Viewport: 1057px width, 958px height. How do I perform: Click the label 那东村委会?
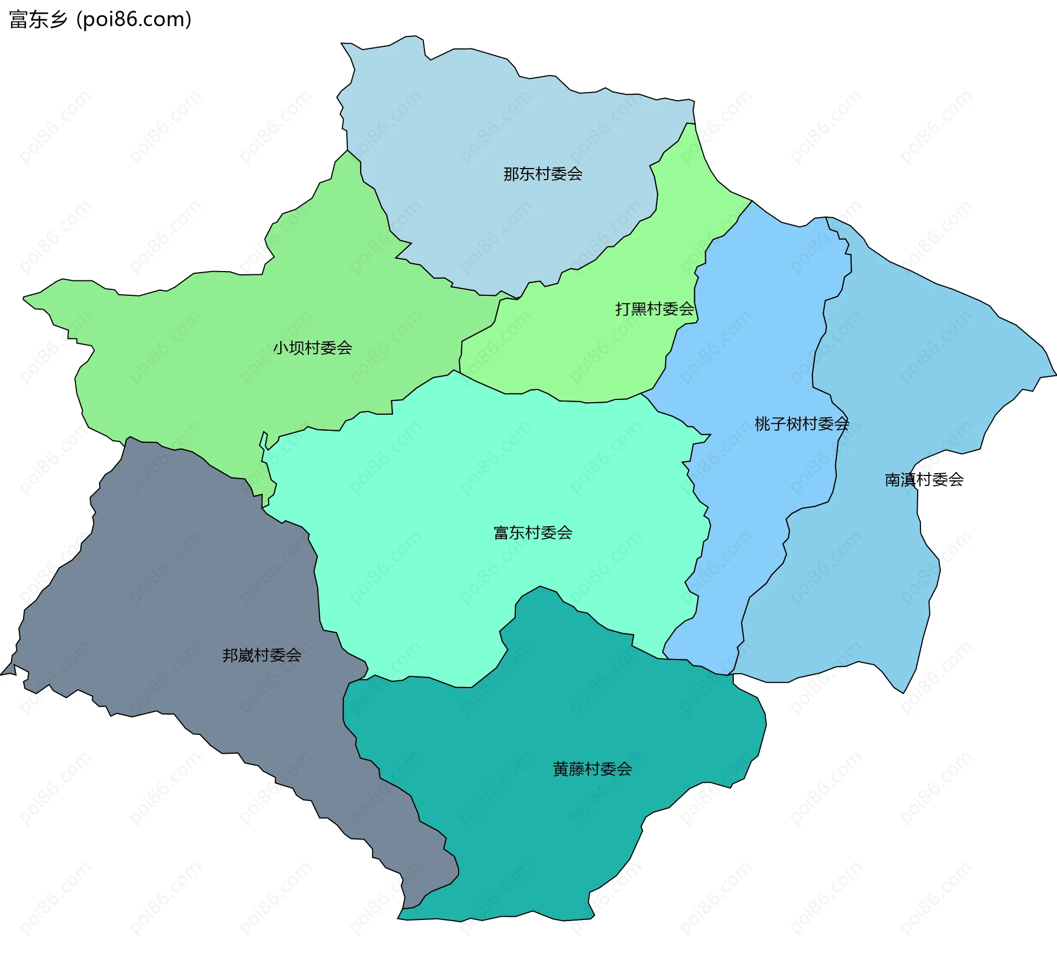click(x=543, y=174)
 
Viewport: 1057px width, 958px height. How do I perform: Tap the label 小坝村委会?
click(x=312, y=348)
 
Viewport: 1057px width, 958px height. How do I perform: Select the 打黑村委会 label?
click(x=655, y=309)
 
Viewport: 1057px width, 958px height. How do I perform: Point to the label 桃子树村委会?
click(x=802, y=424)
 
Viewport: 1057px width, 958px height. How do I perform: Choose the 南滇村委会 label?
click(x=924, y=480)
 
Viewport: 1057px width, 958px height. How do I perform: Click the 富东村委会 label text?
click(x=533, y=533)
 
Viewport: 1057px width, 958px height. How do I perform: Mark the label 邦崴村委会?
click(x=261, y=655)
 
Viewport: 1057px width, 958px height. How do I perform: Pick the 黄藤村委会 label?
click(x=592, y=769)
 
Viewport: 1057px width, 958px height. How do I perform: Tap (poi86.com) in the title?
click(x=134, y=20)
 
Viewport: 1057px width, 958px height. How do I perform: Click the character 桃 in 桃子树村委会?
click(x=762, y=424)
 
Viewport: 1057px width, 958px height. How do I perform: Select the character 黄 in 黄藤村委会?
click(x=561, y=769)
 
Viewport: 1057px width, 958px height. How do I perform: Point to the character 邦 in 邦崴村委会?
click(x=230, y=655)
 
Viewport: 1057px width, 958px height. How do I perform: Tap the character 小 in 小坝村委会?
click(x=281, y=348)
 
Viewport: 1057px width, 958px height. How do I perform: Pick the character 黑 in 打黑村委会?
click(x=639, y=309)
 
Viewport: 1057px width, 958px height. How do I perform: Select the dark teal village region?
click(x=551, y=826)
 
